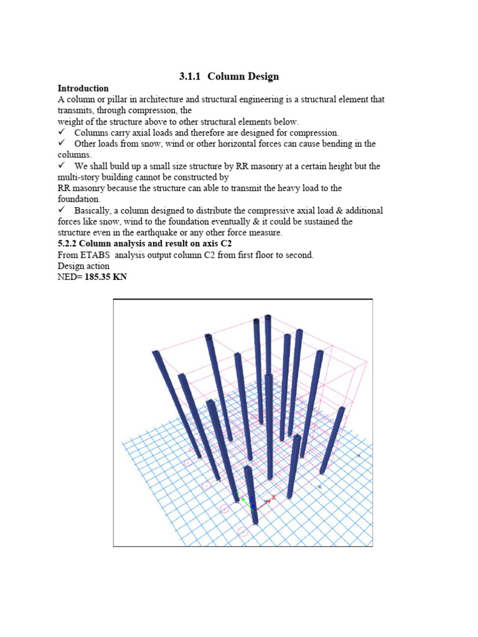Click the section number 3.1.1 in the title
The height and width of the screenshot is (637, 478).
189,77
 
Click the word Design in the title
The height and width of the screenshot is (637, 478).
261,77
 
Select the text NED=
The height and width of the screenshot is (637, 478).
69,277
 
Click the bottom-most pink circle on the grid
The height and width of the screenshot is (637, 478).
243,531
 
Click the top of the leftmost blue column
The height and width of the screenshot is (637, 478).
156,353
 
